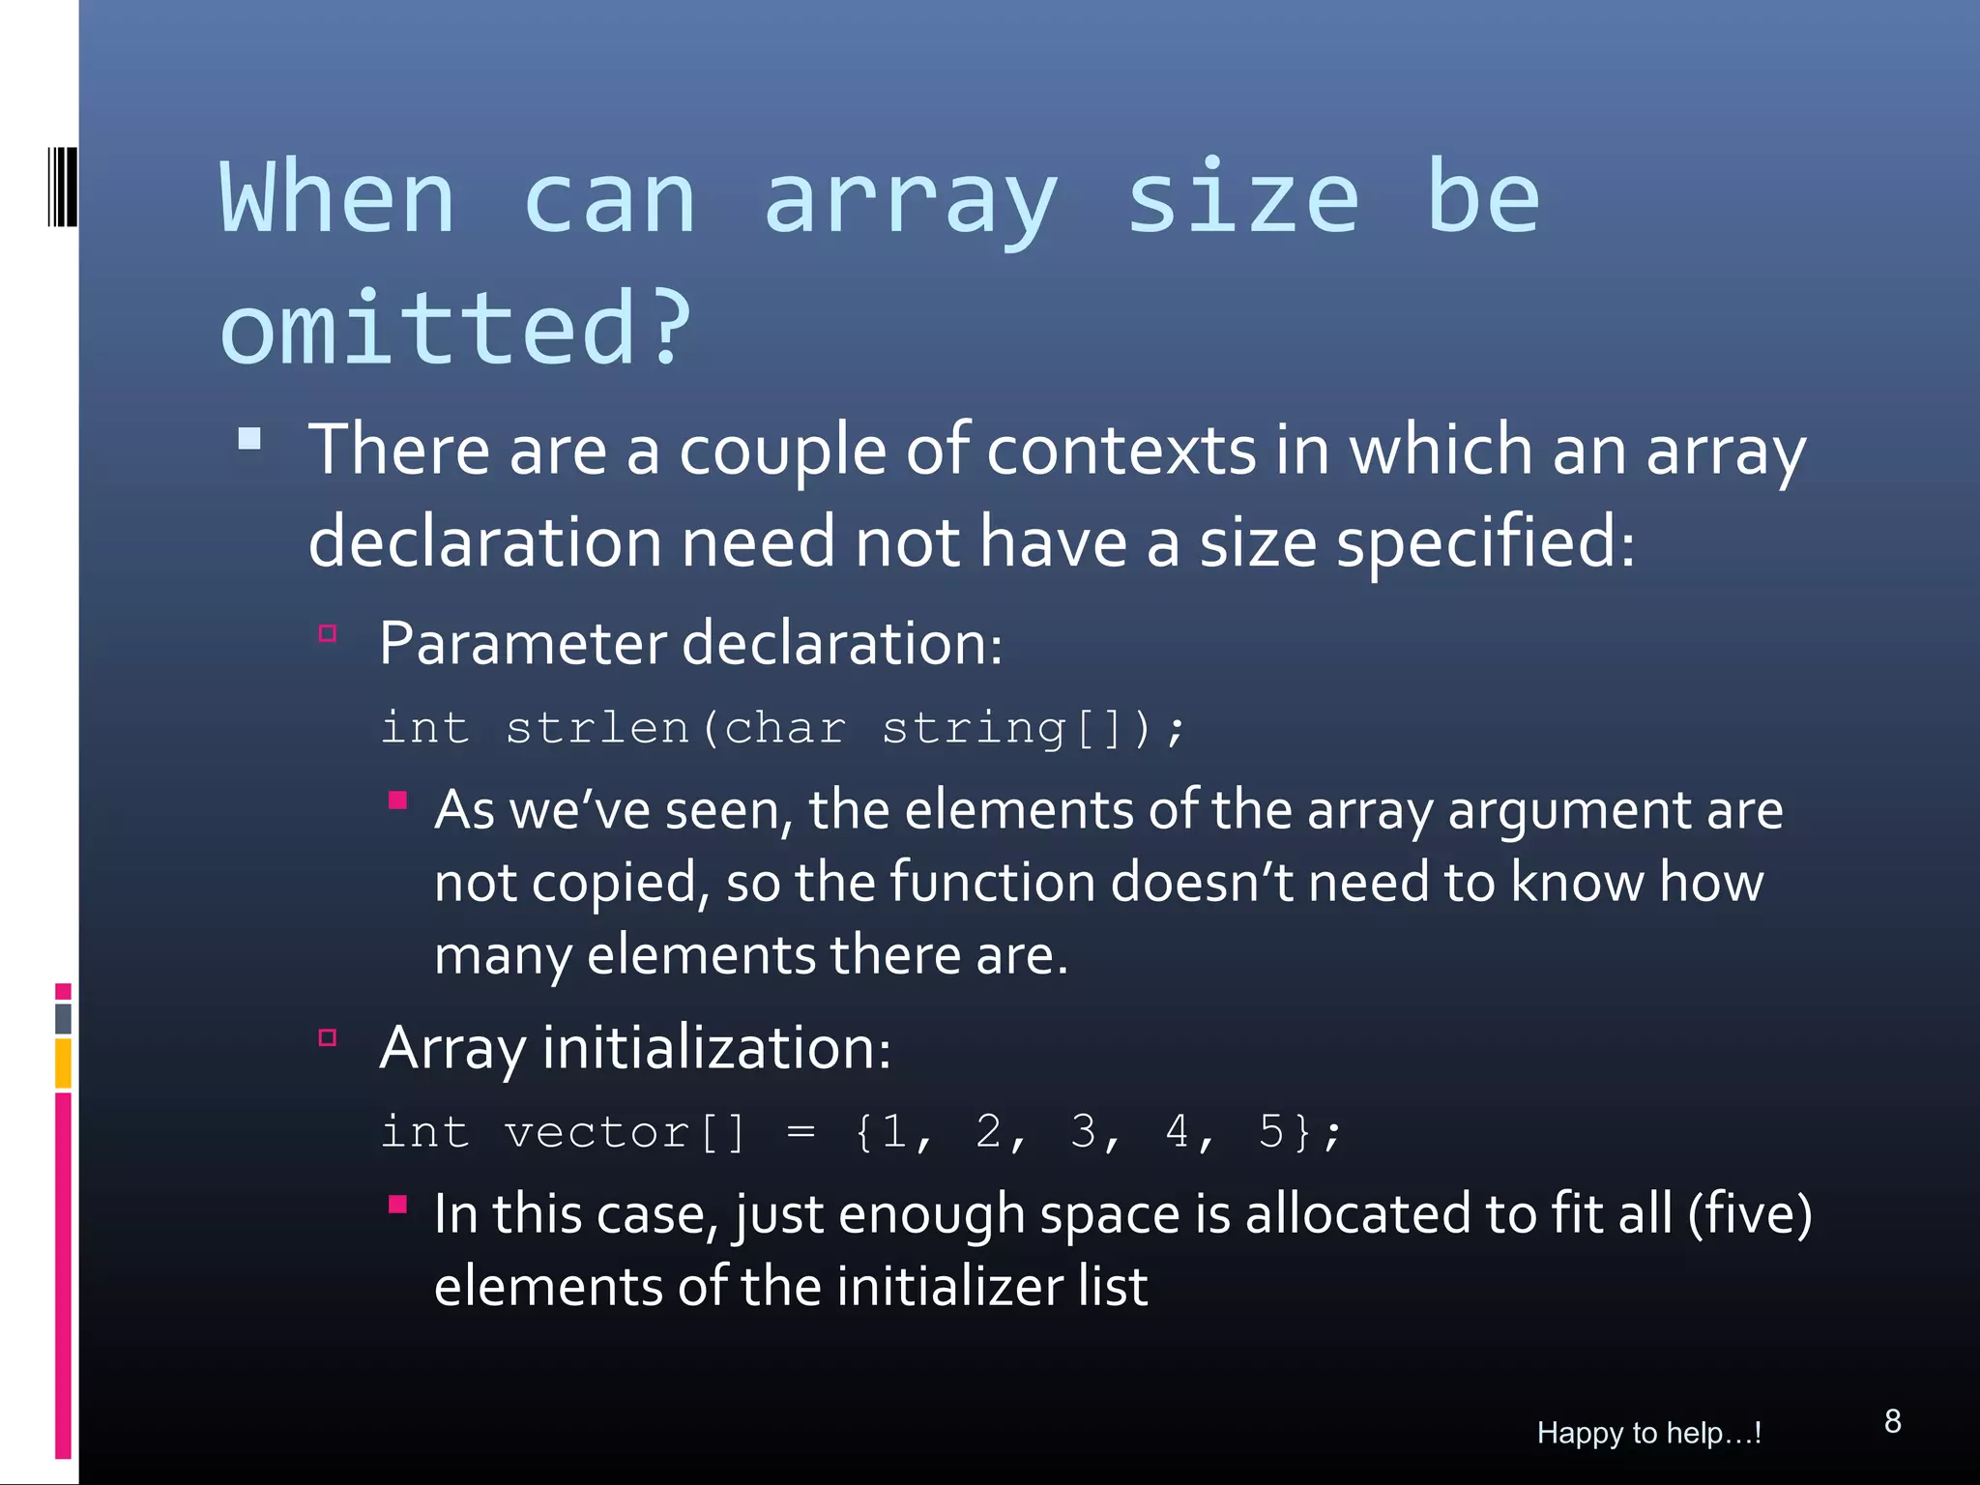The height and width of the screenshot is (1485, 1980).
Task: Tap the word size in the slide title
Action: pos(1244,198)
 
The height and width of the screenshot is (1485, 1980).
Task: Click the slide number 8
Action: pos(1892,1421)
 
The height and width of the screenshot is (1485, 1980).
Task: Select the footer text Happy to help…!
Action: pos(1648,1433)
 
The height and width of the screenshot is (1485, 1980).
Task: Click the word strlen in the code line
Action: pos(597,727)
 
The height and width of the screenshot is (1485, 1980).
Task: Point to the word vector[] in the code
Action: pos(625,1131)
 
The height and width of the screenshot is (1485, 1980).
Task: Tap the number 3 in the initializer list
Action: pos(1083,1131)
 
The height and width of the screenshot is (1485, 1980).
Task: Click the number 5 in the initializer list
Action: pos(1271,1131)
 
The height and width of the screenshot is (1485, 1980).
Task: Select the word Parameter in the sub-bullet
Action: pos(523,643)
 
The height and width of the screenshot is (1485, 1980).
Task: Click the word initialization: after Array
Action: pos(716,1047)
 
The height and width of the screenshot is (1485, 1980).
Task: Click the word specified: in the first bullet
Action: pos(1485,541)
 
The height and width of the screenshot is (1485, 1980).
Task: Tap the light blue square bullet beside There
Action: pos(249,440)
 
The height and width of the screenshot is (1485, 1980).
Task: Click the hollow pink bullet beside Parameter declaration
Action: pos(328,634)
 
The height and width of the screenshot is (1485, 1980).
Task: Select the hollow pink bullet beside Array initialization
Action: pos(328,1038)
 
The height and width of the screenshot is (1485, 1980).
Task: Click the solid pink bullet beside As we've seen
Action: pos(397,801)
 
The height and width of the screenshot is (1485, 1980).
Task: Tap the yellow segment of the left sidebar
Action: pos(63,1063)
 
